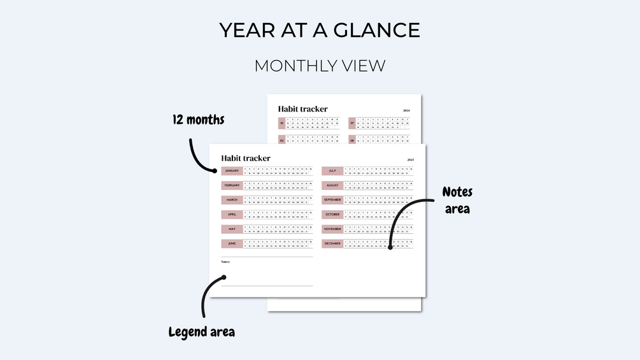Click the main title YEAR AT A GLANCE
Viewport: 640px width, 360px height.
point(320,30)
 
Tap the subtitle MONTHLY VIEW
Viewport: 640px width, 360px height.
point(320,66)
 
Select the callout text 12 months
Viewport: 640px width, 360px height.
point(198,119)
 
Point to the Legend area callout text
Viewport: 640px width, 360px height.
point(201,332)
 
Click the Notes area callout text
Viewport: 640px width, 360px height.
point(457,199)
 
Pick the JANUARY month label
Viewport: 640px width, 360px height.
point(232,171)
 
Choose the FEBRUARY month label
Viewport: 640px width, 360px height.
point(232,185)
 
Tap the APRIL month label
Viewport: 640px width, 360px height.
point(232,214)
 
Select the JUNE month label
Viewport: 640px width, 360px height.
point(232,243)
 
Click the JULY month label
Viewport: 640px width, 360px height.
point(332,171)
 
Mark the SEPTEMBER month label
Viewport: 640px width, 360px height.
point(332,199)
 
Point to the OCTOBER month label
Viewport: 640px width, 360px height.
point(332,214)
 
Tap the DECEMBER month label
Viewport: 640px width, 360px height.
point(332,243)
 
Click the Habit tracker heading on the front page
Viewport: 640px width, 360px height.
point(246,158)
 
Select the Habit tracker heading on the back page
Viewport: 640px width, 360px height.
point(303,109)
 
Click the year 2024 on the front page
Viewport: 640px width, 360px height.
point(410,159)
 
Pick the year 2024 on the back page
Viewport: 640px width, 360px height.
point(406,111)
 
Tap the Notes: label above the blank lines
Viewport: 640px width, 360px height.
point(225,261)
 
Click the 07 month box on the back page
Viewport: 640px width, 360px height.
point(352,122)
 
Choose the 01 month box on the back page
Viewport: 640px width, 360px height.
point(281,122)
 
